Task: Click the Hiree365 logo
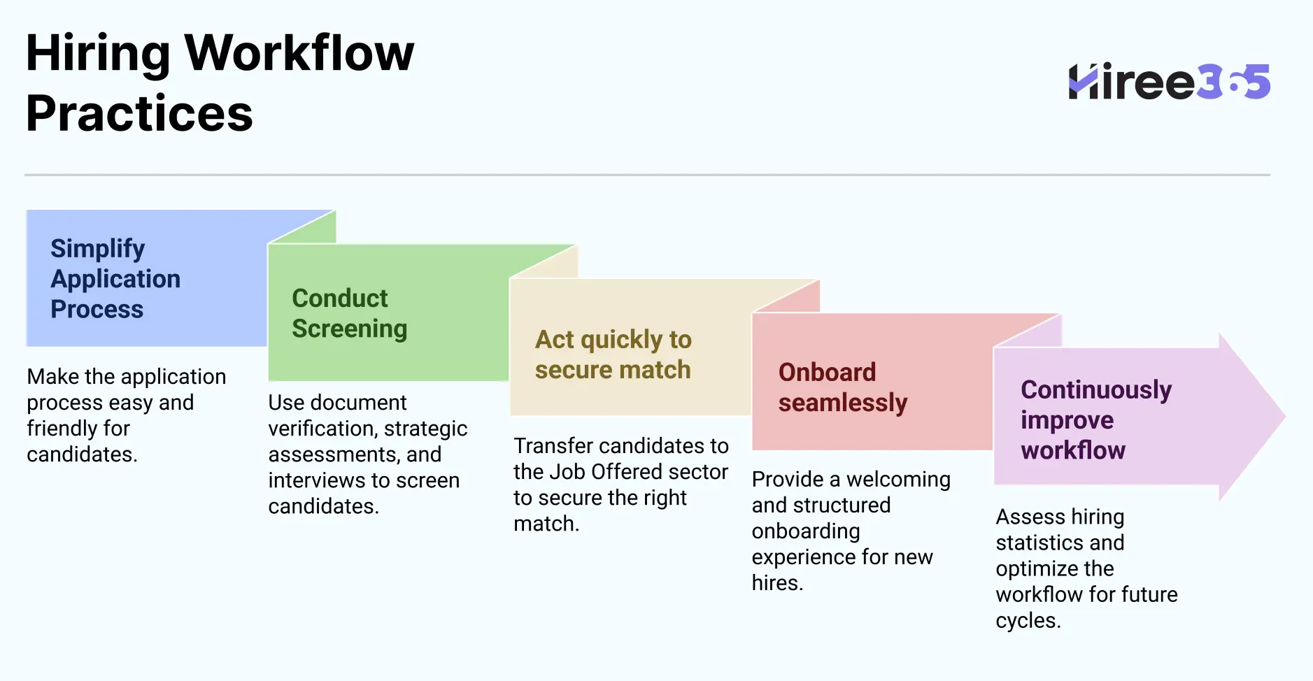click(x=1168, y=82)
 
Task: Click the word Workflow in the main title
click(x=299, y=53)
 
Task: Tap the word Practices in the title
click(x=139, y=114)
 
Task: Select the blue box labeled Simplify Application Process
click(x=146, y=278)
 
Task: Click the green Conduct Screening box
click(x=388, y=313)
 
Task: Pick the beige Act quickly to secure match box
click(x=630, y=354)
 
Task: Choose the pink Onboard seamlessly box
click(x=871, y=387)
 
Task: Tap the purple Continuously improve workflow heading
click(x=1095, y=420)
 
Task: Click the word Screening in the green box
click(x=349, y=329)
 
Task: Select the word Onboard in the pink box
click(x=827, y=372)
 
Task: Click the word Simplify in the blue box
click(x=97, y=248)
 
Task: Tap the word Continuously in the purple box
click(x=1095, y=389)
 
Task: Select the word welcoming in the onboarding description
click(x=898, y=480)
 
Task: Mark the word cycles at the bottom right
click(x=1028, y=620)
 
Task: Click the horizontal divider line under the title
click(x=647, y=175)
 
